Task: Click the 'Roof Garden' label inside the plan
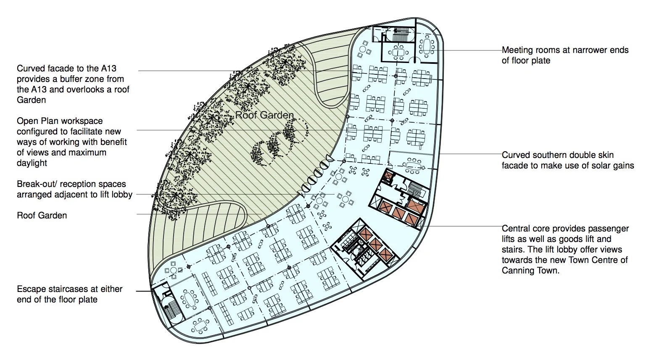pos(264,115)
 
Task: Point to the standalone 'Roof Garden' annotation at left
pos(42,215)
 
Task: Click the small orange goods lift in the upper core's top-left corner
pos(389,175)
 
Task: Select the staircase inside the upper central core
pos(415,189)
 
